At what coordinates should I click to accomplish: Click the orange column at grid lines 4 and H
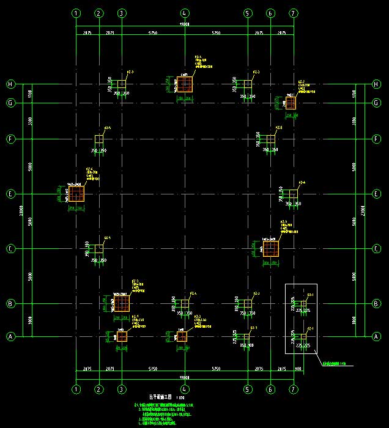[x=185, y=84]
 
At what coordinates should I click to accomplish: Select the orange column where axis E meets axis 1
[x=76, y=194]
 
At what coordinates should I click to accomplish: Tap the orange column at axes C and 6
[x=270, y=248]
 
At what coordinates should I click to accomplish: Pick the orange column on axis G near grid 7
[x=291, y=103]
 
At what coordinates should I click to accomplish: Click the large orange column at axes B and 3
[x=122, y=303]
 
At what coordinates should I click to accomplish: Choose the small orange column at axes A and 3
[x=122, y=336]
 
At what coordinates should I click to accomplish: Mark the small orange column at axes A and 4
[x=182, y=336]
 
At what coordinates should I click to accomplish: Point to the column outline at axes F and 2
[x=99, y=139]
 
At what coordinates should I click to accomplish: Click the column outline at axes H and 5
[x=247, y=84]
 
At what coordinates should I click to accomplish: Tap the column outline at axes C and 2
[x=99, y=249]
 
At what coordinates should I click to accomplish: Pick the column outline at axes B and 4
[x=184, y=303]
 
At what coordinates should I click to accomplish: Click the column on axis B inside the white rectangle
[x=303, y=303]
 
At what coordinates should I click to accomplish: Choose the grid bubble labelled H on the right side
[x=376, y=84]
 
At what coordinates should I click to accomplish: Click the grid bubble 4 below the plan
[x=185, y=389]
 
